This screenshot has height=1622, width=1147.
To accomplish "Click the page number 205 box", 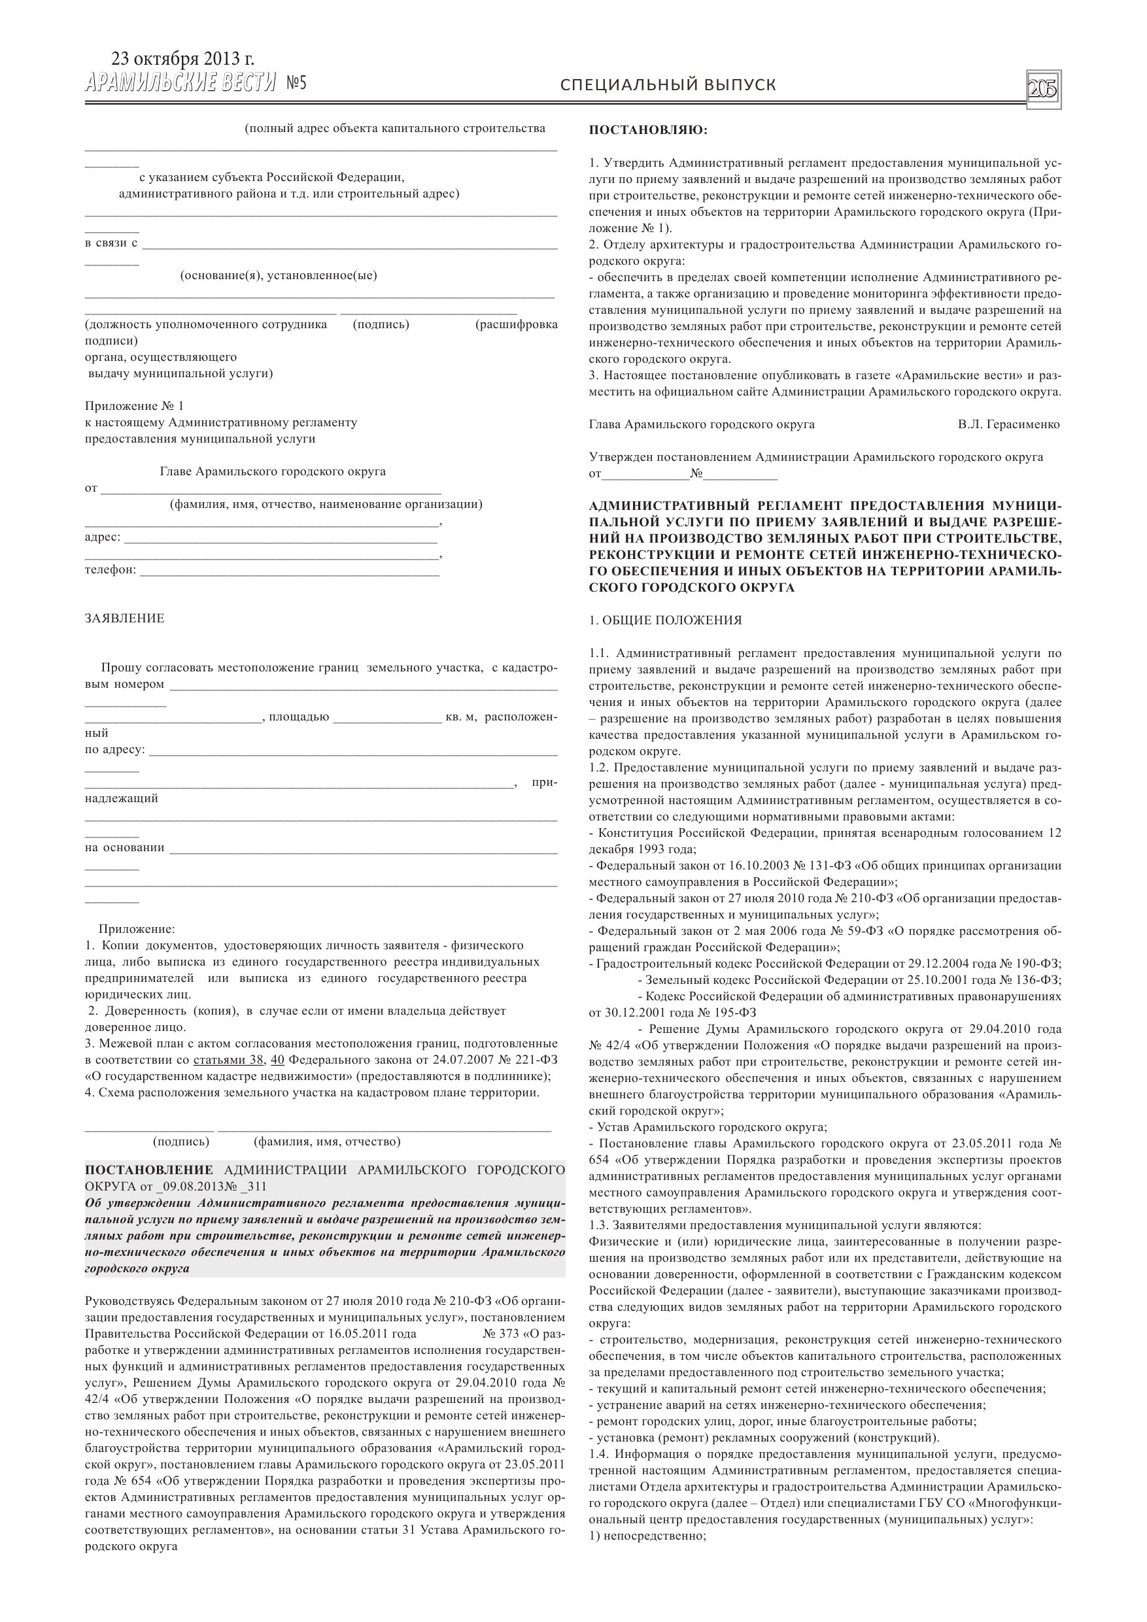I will pos(1043,90).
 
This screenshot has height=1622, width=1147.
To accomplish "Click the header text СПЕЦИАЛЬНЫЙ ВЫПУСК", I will pos(668,85).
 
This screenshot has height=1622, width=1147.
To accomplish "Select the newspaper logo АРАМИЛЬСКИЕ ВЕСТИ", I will pos(180,84).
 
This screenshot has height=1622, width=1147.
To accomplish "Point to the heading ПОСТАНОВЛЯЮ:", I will pos(648,130).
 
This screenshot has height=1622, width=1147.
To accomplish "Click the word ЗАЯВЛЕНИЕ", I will pos(124,618).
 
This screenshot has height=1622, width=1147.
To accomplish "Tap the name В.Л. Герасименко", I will pos(1008,424).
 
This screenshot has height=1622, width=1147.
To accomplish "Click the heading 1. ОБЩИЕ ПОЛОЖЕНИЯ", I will pos(665,620).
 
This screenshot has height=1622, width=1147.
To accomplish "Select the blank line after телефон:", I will pos(290,570).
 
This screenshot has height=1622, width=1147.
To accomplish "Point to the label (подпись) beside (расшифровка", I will pos(381,324).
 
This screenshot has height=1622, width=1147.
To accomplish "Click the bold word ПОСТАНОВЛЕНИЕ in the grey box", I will pos(148,1171).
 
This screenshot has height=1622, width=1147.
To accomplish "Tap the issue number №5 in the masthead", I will pos(297,84).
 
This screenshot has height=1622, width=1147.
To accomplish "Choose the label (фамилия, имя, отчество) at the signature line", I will pos(326,1141).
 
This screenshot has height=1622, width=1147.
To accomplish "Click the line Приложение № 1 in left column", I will pos(133,405).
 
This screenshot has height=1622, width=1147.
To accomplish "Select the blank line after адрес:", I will pos(281,537).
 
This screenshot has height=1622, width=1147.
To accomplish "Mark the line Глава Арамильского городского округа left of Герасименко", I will pos(701,424).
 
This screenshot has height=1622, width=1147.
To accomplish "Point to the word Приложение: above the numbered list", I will pos(137,929).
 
